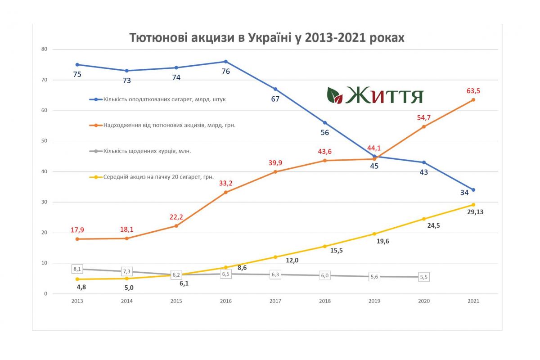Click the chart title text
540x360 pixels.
point(267,38)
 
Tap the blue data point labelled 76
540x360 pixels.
point(226,62)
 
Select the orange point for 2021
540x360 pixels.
point(473,100)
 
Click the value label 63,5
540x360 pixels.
point(473,91)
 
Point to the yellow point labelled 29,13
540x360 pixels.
point(473,205)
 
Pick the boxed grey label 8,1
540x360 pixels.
point(77,269)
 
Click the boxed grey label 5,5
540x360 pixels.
point(424,277)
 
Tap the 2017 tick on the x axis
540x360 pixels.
point(275,301)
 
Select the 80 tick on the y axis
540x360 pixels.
point(44,49)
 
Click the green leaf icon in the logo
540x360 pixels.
point(334,95)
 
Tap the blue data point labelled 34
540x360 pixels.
point(473,190)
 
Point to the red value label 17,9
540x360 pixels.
point(77,230)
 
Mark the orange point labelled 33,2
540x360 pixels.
point(226,192)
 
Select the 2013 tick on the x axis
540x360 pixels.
point(77,301)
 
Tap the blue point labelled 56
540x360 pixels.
point(325,122)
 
